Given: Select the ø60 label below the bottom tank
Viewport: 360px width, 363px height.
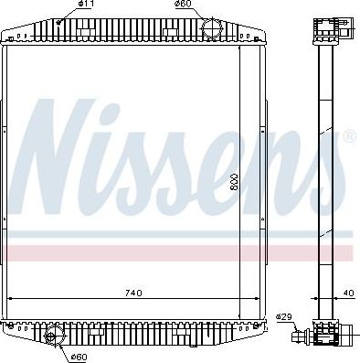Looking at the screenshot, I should click(79, 357).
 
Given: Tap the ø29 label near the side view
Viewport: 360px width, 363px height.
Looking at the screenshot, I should click(283, 316).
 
